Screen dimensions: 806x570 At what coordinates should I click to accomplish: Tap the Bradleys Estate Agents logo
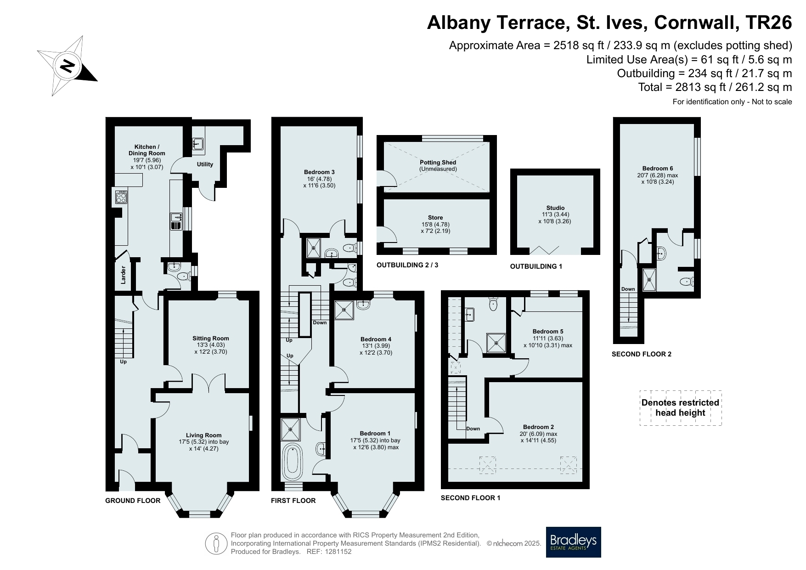[573, 542]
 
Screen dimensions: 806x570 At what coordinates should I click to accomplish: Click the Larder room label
[123, 275]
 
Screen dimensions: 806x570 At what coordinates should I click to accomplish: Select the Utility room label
[205, 164]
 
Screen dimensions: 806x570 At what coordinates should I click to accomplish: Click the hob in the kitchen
[122, 197]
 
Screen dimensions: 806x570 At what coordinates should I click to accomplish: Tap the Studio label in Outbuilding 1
[555, 208]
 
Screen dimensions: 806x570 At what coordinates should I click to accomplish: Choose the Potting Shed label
[438, 163]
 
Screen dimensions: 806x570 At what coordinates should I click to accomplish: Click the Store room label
[435, 218]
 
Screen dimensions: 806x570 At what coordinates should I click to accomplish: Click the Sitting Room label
[210, 339]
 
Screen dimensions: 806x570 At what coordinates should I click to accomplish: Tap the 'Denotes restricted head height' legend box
[681, 408]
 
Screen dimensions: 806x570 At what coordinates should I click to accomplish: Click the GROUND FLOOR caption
[133, 501]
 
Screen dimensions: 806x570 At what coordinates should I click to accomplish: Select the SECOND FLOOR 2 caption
[642, 354]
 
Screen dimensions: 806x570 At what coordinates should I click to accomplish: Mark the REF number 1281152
[337, 552]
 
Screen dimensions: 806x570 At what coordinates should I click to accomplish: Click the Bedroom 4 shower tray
[344, 310]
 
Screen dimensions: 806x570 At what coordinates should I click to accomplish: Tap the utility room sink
[198, 144]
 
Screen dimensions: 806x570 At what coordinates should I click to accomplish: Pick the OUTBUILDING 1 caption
[536, 266]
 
